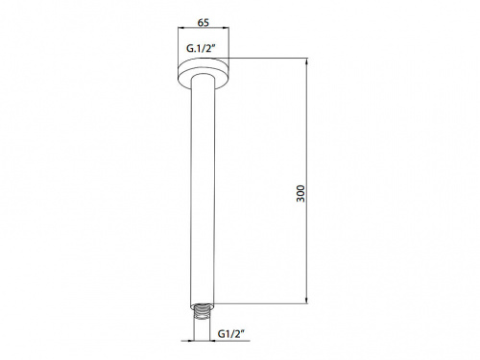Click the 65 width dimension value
204,23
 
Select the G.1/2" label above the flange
202,49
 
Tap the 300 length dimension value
300,193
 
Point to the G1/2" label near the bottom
231,334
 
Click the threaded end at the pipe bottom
202,312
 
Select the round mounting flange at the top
204,73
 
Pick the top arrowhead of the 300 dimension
307,61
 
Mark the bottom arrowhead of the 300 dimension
307,300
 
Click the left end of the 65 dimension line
179,29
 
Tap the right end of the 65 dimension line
228,29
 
